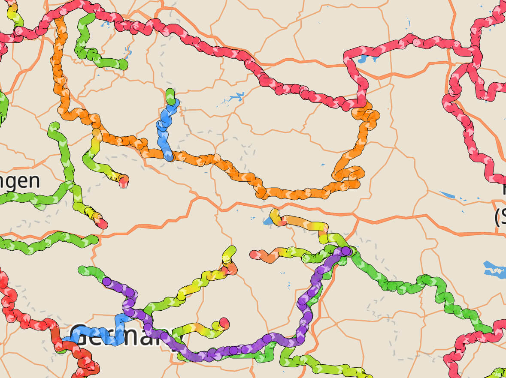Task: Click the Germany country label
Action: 124,336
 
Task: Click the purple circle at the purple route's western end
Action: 107,282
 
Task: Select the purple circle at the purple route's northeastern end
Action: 345,251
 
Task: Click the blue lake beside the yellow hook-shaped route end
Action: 267,221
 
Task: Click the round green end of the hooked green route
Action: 123,65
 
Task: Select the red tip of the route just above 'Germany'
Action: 224,322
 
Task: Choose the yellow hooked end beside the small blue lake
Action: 274,213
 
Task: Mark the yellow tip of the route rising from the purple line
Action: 231,250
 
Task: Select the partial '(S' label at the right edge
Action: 500,218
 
